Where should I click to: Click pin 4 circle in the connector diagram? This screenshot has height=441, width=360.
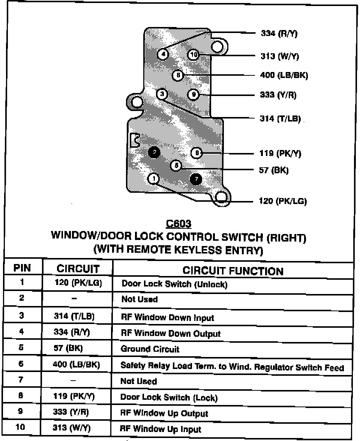163,54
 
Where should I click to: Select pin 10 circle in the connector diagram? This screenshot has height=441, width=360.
193,55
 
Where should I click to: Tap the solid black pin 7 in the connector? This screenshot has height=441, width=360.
196,179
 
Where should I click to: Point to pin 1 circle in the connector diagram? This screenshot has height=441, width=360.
153,178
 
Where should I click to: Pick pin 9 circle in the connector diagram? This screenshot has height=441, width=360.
193,94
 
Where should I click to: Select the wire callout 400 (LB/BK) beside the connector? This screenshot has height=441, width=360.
283,75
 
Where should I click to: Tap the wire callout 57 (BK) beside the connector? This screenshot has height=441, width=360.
274,170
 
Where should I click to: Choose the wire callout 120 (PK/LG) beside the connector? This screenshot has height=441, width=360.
283,201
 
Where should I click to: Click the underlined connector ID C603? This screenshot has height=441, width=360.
178,224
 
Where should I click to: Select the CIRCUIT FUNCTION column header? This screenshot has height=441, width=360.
233,271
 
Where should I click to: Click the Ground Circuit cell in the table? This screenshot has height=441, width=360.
150,349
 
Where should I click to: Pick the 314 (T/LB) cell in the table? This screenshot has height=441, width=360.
74,316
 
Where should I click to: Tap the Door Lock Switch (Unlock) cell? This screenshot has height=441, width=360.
174,284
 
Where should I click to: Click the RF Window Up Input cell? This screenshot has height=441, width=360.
160,429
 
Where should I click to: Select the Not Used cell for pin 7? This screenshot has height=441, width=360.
139,381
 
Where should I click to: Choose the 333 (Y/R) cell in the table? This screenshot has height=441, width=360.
71,412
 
